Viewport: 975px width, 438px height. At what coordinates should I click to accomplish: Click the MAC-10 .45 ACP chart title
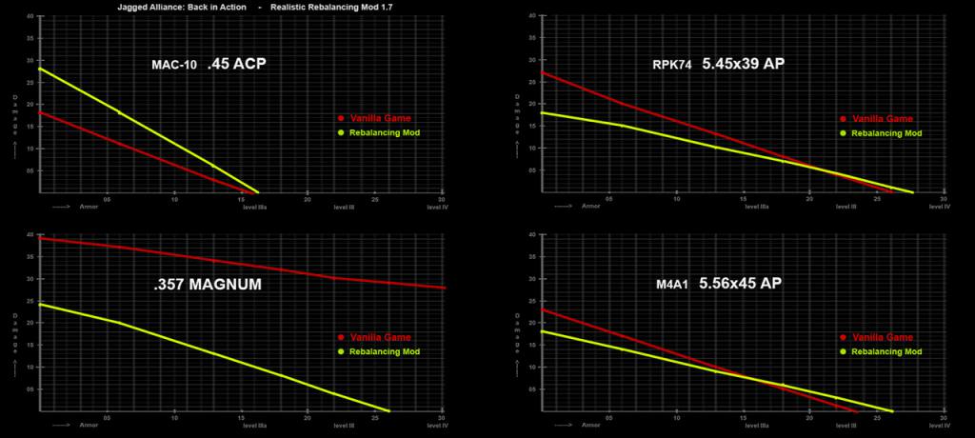(209, 66)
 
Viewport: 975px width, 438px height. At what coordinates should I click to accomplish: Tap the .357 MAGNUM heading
(208, 285)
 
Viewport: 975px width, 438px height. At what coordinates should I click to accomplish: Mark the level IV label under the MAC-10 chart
(441, 206)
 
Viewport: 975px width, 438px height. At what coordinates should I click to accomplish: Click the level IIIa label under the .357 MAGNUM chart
(254, 425)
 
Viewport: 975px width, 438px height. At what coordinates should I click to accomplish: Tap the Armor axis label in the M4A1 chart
(591, 425)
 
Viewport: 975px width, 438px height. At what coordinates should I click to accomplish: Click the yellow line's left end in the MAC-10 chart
(39, 69)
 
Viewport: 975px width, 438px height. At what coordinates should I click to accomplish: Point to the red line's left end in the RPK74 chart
(541, 72)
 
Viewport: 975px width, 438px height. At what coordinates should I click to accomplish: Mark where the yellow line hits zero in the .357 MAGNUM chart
(388, 411)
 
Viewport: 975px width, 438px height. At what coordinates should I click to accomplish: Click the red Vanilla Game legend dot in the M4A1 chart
(843, 337)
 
